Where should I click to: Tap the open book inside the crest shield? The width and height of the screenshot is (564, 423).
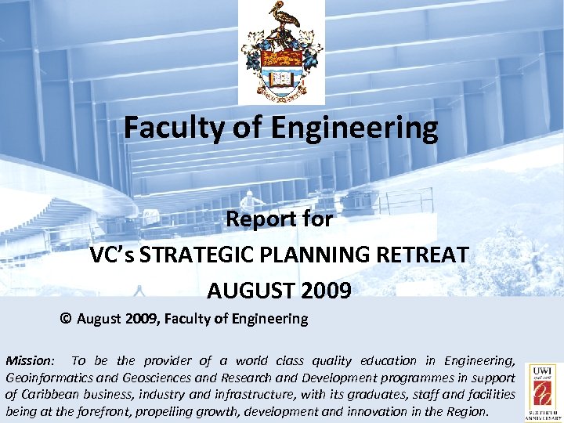(x=281, y=78)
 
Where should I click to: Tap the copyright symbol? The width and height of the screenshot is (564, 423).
(x=66, y=319)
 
